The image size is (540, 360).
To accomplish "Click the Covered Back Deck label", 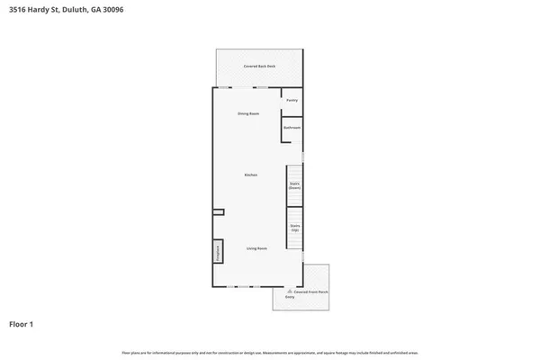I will pyautogui.click(x=258, y=67).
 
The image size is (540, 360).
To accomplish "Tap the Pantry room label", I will pyautogui.click(x=292, y=100).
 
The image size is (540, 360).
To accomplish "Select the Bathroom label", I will pyautogui.click(x=292, y=128).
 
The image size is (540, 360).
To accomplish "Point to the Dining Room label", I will pyautogui.click(x=248, y=113).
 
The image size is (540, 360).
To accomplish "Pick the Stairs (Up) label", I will pyautogui.click(x=294, y=227).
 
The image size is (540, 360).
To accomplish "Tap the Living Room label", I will pyautogui.click(x=256, y=247).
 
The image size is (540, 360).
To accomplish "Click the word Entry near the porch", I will pyautogui.click(x=290, y=297).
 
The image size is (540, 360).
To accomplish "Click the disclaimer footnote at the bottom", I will pyautogui.click(x=269, y=350).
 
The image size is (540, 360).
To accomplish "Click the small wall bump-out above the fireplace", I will pyautogui.click(x=218, y=212).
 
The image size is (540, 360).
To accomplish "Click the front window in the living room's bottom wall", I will pyautogui.click(x=236, y=287).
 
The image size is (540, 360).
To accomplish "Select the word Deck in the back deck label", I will pyautogui.click(x=268, y=67).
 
